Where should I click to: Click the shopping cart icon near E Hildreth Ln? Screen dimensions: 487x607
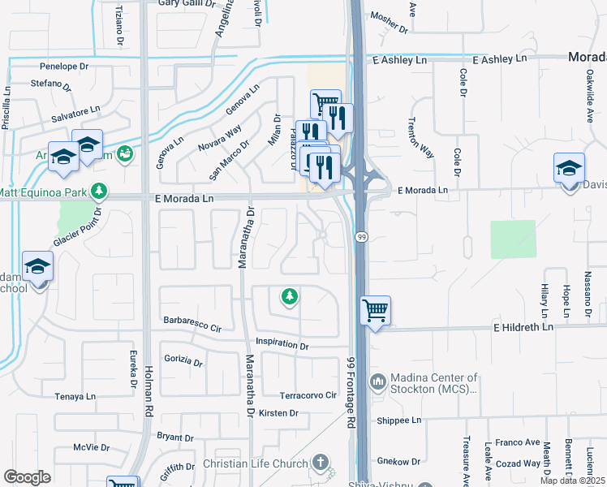tap(375, 309)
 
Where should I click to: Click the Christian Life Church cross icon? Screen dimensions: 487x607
tap(321, 463)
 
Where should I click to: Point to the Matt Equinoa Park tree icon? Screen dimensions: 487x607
tap(99, 192)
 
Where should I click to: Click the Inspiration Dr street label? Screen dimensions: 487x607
tap(282, 345)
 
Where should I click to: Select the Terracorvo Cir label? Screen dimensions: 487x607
tap(308, 395)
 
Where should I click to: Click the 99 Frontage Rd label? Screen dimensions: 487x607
tap(352, 394)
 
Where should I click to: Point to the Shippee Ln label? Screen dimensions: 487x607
tap(399, 420)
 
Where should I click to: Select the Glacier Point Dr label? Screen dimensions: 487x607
tap(76, 229)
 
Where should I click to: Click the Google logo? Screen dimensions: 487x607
tap(27, 477)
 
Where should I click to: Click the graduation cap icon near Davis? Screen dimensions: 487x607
tap(569, 168)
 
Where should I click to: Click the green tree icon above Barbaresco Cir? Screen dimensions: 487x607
tap(288, 297)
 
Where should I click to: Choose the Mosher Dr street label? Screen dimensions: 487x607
tap(389, 24)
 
